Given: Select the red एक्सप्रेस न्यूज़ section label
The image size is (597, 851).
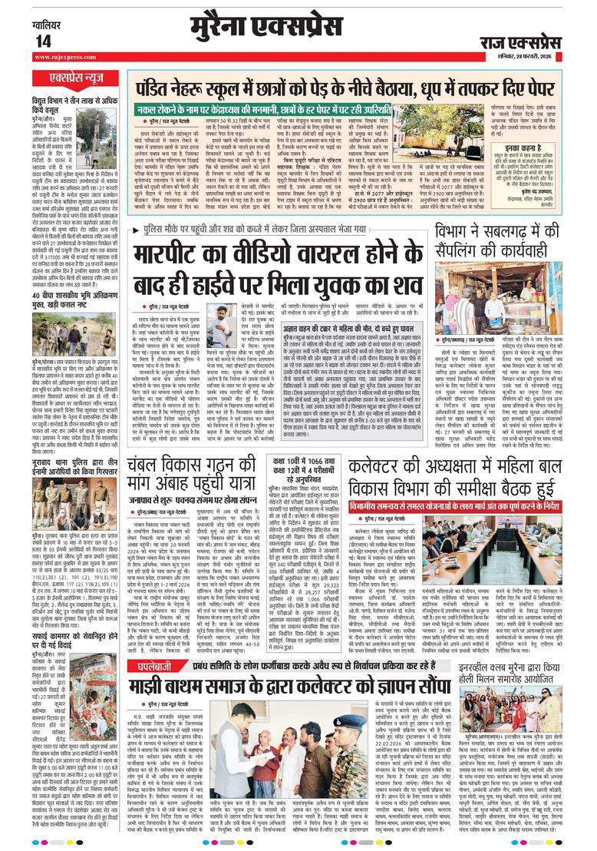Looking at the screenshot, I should (74, 78).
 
